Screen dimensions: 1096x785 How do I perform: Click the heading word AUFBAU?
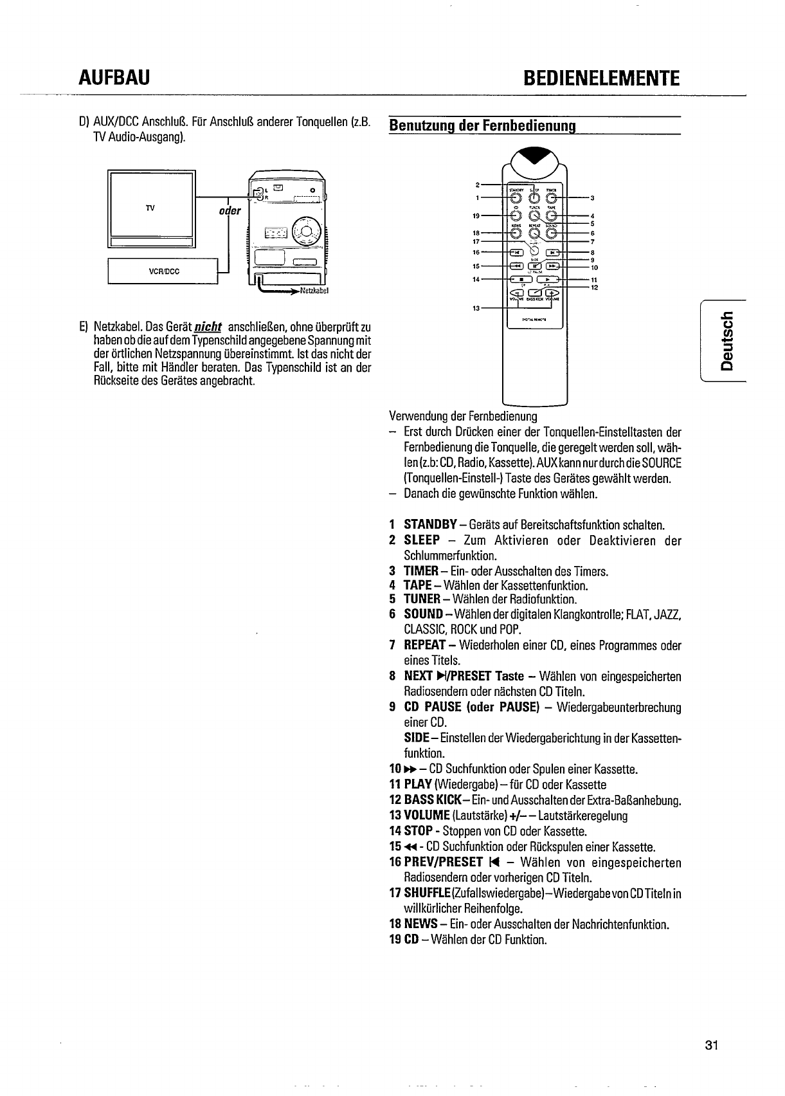[x=114, y=78]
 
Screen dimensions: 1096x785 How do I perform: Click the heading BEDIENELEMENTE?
[x=601, y=78]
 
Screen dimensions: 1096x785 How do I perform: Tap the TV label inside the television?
[x=150, y=208]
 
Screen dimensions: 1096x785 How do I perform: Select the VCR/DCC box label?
[x=164, y=271]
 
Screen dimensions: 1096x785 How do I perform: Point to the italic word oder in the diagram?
[x=230, y=211]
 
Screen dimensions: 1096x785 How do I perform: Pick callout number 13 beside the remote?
[x=476, y=309]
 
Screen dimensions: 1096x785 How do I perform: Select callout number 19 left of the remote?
[x=476, y=215]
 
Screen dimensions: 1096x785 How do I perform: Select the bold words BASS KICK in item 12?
[x=437, y=800]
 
